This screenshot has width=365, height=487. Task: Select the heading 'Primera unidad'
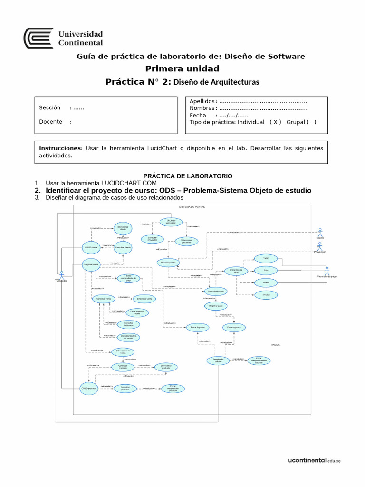point(182,69)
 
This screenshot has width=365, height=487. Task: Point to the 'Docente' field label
point(50,122)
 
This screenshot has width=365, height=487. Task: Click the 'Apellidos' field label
point(202,101)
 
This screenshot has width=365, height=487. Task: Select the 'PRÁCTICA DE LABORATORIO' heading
point(188,176)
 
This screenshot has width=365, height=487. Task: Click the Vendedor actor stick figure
point(61,275)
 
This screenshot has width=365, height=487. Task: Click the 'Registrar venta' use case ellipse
point(91,264)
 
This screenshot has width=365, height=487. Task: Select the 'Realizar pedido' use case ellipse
point(165,263)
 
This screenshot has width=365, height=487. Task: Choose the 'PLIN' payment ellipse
point(259,270)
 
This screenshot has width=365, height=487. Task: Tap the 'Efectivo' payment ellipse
point(259,295)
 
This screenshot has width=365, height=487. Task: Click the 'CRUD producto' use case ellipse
point(89,388)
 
